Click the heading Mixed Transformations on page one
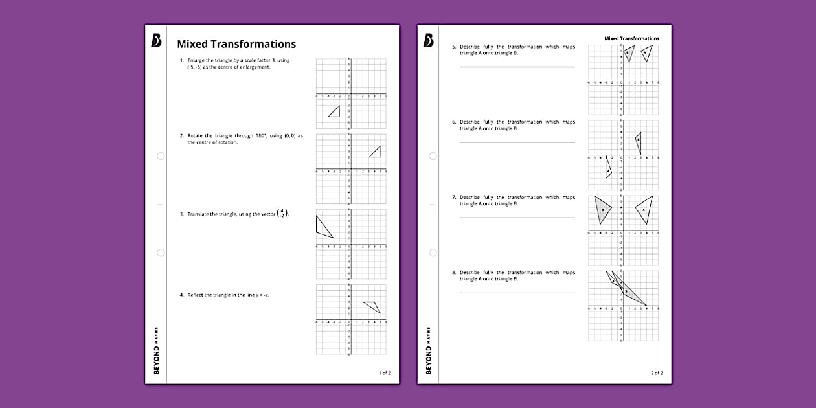[236, 44]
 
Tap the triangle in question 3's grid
[322, 228]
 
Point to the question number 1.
[182, 60]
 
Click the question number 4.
[182, 295]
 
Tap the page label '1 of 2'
[385, 373]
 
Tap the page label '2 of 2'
[657, 373]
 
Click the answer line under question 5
[517, 67]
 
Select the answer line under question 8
[517, 293]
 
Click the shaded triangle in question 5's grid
[628, 52]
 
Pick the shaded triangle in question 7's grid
[602, 209]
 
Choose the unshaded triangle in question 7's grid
[645, 209]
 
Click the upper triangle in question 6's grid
[639, 141]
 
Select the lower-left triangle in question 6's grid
[608, 168]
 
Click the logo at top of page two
[428, 41]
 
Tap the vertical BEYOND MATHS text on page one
[156, 350]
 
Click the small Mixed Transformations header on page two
[631, 38]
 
